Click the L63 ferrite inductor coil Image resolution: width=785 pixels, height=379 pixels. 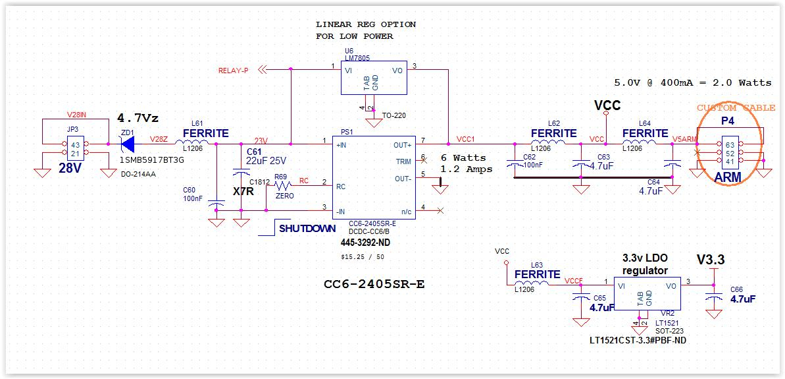point(536,283)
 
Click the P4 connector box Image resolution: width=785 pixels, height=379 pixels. point(728,153)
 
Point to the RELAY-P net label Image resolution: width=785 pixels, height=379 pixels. point(234,71)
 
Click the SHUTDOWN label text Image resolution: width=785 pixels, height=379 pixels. point(306,229)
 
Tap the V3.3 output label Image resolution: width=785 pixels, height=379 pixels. point(710,260)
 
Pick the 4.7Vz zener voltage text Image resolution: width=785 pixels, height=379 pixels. point(138,119)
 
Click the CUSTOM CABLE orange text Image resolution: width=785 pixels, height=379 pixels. point(736,107)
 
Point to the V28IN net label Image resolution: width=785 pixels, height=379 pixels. point(76,115)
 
